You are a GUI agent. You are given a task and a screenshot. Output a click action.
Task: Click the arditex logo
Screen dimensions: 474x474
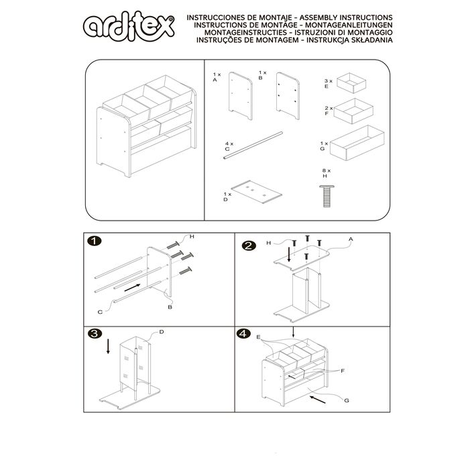[x=129, y=26]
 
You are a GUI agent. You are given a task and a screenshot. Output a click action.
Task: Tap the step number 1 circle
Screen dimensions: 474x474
[x=95, y=241]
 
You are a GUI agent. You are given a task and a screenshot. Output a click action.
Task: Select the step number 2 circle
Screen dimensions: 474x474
[x=249, y=246]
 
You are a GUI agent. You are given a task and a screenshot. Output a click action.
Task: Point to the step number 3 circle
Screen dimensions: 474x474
[x=95, y=334]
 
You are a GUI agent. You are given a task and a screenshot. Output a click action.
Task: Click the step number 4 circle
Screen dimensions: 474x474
[x=243, y=334]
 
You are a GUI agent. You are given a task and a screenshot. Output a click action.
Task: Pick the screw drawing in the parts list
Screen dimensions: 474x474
[x=327, y=196]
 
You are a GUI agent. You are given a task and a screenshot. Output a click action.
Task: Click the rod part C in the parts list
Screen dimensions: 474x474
[x=253, y=145]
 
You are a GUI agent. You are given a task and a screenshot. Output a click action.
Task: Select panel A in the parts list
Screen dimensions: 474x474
[x=241, y=95]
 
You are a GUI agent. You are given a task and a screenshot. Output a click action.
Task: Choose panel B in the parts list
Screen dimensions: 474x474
[x=288, y=95]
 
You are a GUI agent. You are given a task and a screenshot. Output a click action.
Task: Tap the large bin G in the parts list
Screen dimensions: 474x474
[x=357, y=143]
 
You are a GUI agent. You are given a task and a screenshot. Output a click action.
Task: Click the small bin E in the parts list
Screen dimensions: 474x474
[x=351, y=83]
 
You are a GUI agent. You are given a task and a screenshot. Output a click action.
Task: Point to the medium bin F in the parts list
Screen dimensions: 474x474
[x=353, y=111]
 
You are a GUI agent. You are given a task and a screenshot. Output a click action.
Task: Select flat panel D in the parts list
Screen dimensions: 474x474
[x=257, y=192]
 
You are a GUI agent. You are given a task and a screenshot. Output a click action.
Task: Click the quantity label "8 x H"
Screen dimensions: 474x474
[x=327, y=173]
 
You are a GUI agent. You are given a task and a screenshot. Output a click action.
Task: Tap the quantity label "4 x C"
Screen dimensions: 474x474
[x=229, y=146]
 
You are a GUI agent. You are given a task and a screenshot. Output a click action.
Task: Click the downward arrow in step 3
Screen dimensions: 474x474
[x=108, y=346]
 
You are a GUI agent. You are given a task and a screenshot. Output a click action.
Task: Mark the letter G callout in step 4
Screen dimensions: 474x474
[x=347, y=400]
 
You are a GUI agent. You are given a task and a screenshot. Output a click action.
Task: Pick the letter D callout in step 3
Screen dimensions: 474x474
[x=162, y=332]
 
